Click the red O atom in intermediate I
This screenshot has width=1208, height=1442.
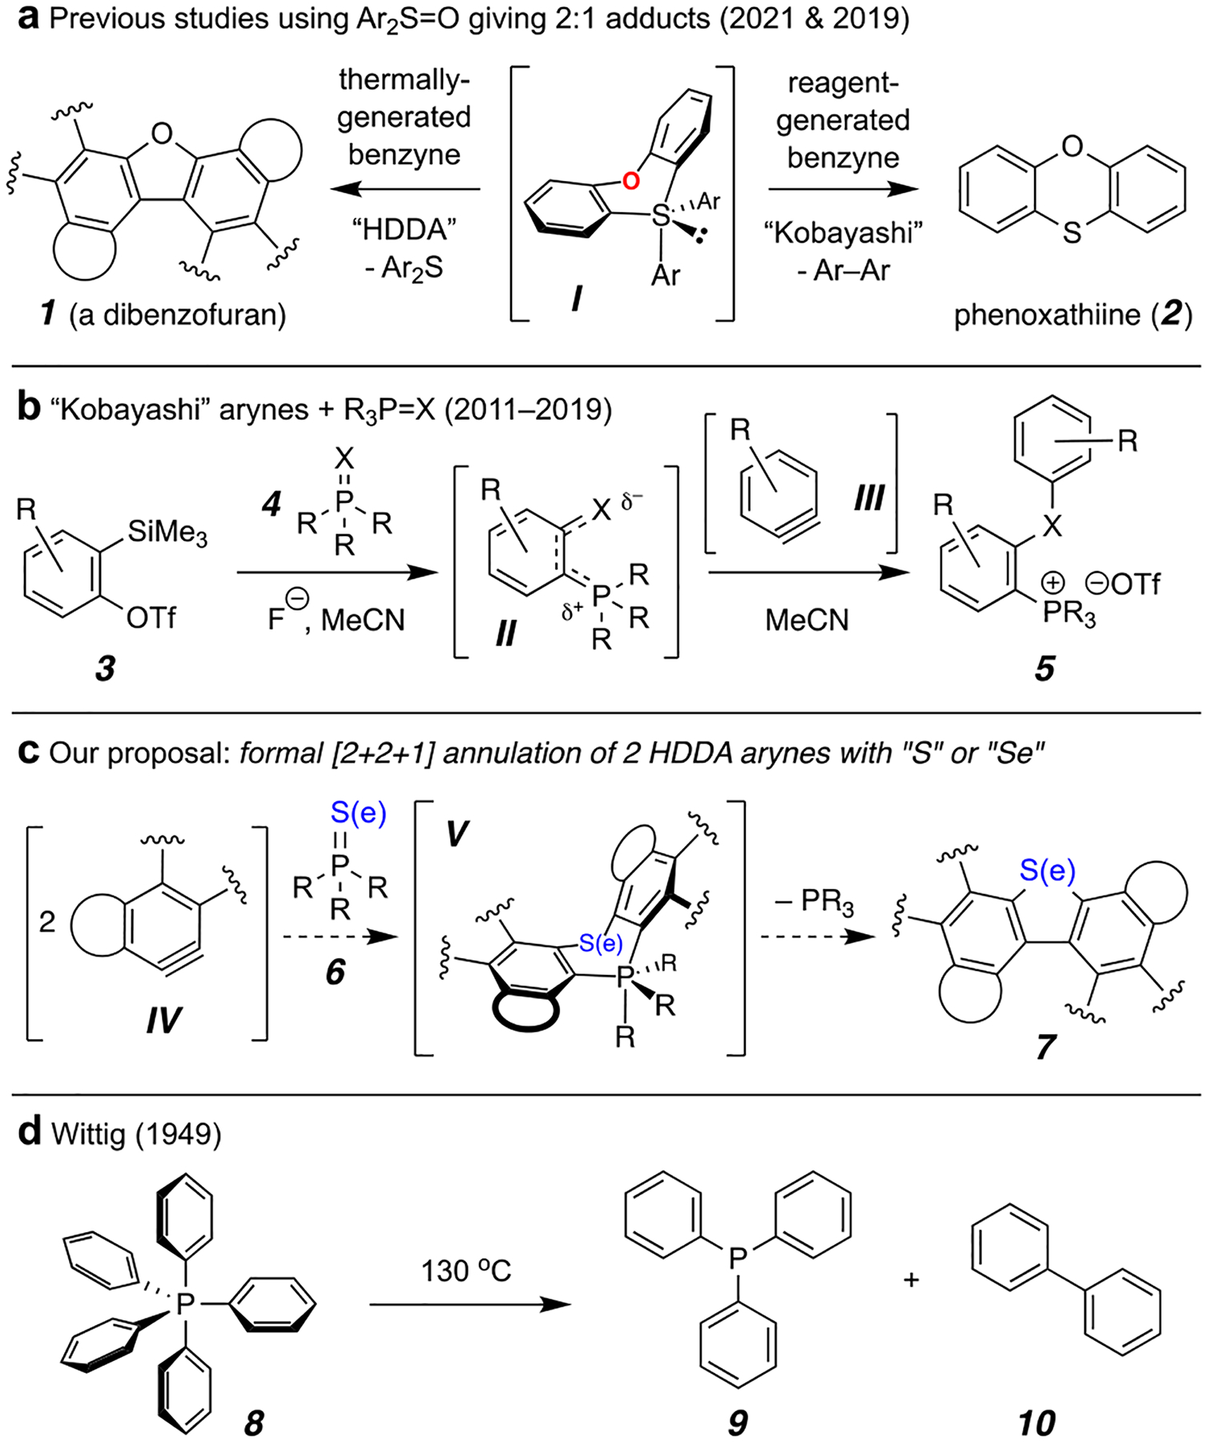(631, 181)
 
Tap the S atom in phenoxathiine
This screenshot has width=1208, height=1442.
(1072, 233)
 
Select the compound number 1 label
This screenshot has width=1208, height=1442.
(49, 313)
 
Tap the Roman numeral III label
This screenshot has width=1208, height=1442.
(868, 497)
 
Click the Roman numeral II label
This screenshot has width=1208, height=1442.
(505, 634)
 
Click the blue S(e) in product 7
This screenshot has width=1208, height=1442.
(1047, 870)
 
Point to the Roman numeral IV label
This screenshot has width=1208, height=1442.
(163, 1021)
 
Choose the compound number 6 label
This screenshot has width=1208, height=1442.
(335, 972)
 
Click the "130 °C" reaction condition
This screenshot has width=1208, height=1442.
(465, 1271)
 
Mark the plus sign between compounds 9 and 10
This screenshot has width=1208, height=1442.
(911, 1280)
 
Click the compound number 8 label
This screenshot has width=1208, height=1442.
(254, 1423)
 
